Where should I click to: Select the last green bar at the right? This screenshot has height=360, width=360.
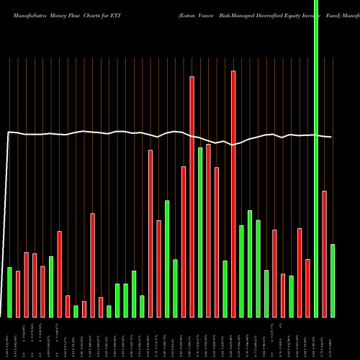333,281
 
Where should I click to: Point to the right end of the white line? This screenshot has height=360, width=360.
331,137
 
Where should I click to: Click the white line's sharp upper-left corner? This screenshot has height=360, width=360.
9,132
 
